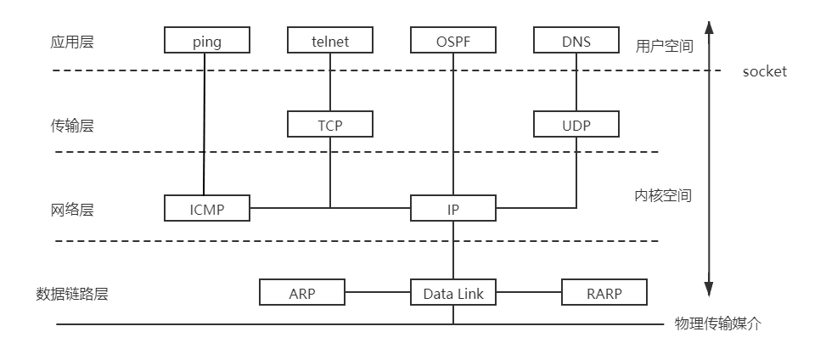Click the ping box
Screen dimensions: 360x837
[207, 41]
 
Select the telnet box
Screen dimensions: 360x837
[330, 41]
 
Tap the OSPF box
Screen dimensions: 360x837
[452, 41]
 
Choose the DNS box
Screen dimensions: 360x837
[576, 41]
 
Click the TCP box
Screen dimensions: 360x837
[330, 125]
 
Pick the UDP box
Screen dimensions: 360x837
[576, 125]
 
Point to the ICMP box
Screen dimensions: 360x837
[207, 208]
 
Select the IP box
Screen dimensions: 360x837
[452, 208]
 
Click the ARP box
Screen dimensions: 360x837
[302, 293]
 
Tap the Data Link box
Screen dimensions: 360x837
[452, 293]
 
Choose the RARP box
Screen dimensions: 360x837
[604, 293]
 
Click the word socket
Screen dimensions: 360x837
[764, 71]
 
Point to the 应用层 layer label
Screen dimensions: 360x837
[71, 42]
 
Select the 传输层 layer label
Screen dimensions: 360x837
[71, 126]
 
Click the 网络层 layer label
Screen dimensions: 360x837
[71, 210]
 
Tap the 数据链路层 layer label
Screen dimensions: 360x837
[72, 294]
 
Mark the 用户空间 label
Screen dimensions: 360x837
[664, 46]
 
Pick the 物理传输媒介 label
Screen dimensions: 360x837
[717, 323]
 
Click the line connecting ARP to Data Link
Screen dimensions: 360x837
[378, 293]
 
